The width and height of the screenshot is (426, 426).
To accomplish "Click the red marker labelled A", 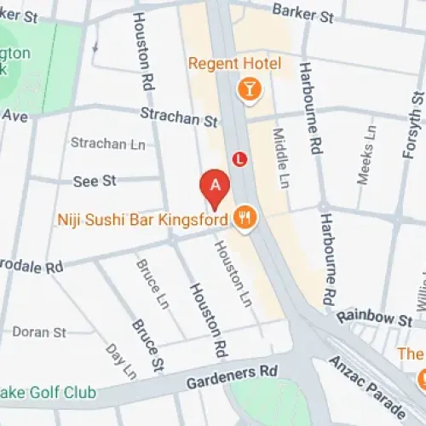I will [x=215, y=185].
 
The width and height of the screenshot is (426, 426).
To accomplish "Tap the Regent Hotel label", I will [x=234, y=64].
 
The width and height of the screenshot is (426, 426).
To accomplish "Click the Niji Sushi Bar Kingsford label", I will [x=142, y=219].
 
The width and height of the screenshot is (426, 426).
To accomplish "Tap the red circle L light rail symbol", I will [x=239, y=158].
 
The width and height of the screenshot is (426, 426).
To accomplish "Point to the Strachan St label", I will [x=180, y=117].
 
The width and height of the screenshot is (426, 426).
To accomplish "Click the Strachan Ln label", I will [x=107, y=144].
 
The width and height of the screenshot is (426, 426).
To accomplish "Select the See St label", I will [x=95, y=181].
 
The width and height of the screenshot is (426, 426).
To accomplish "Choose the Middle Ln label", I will [x=279, y=158].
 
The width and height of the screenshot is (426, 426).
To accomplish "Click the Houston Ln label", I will [x=231, y=273].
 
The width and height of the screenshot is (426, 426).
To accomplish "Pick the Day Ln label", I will [x=120, y=360].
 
